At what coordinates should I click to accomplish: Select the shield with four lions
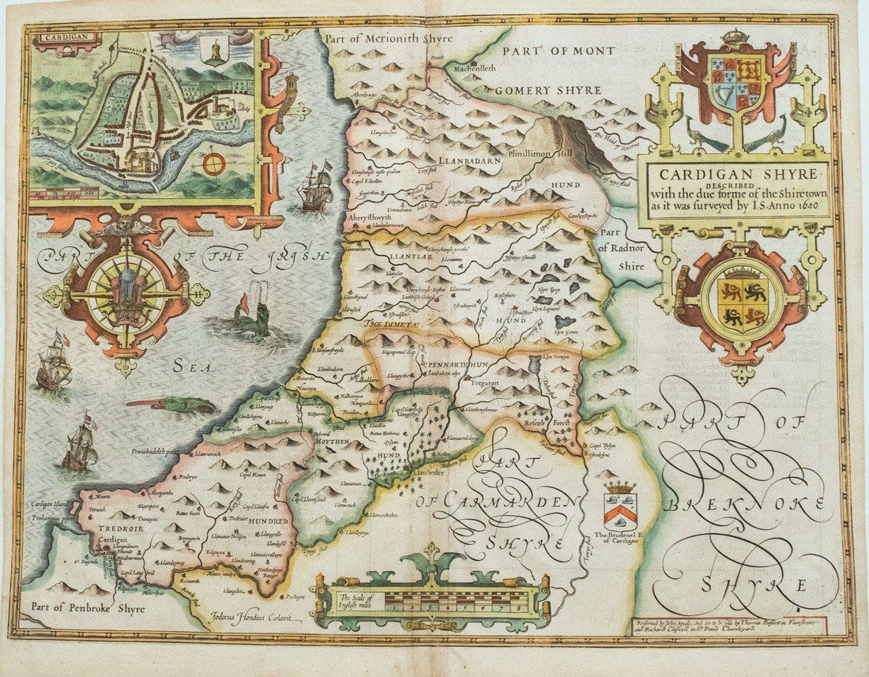pos(742,305)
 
